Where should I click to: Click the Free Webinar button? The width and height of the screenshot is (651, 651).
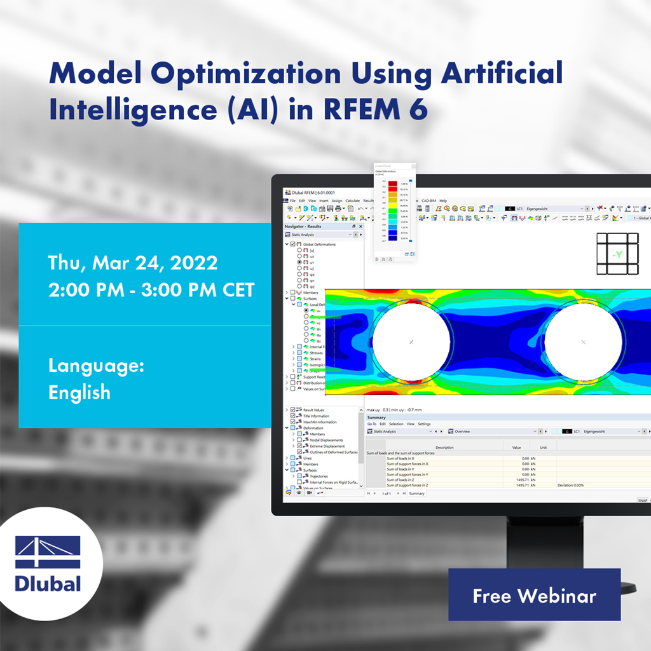pos(534,596)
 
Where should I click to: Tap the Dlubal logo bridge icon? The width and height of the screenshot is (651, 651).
pos(48,552)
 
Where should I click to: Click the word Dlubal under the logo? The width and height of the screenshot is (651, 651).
pos(48,583)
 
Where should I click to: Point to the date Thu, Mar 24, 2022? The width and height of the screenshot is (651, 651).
pos(133,263)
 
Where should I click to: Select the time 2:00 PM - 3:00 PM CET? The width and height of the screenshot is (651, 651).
pos(151,290)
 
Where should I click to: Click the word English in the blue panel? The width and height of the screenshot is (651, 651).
pos(79,392)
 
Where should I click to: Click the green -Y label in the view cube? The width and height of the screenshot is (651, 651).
pos(616,255)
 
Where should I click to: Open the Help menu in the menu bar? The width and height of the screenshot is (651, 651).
pos(443,201)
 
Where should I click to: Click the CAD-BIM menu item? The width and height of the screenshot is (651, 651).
pos(428,201)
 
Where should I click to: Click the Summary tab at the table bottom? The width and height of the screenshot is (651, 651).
pos(416,493)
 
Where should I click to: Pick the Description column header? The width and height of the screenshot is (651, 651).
pos(444,447)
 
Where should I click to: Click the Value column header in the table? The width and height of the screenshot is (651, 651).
pos(516,447)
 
